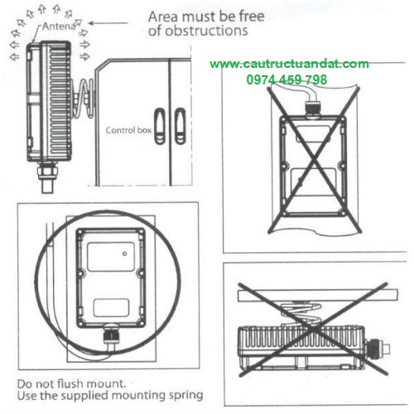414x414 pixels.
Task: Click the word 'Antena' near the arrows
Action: pos(59,26)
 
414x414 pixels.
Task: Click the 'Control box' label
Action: pos(128,130)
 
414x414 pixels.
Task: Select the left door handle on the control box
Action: pos(160,126)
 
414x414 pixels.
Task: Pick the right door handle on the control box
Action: pos(181,126)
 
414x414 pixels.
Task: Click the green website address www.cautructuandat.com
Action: pos(289,64)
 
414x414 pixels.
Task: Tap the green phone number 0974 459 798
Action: pos(286,79)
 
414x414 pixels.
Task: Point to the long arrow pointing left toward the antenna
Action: pos(108,23)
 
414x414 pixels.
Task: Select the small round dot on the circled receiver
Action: pos(124,253)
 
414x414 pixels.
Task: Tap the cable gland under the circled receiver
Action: pos(110,335)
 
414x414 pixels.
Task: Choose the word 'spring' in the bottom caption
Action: pos(186,396)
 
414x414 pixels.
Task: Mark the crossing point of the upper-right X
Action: pos(314,160)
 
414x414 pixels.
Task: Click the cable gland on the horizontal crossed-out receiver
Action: pos(377,349)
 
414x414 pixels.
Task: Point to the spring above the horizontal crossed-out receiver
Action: pos(301,313)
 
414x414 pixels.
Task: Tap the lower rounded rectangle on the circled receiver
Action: pos(111,307)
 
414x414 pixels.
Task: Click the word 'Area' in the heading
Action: pos(163,17)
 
